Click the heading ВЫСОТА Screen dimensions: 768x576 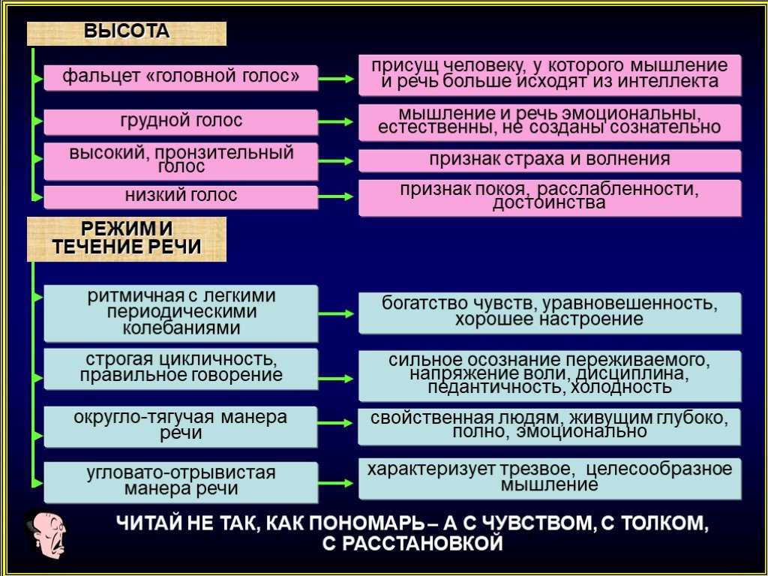coord(126,33)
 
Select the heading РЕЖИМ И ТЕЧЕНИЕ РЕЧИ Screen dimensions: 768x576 coord(126,239)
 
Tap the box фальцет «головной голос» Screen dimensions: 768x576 coord(181,77)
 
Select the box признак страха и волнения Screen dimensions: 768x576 coord(550,160)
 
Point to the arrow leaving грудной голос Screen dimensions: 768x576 coord(335,121)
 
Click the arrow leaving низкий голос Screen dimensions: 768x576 coord(335,196)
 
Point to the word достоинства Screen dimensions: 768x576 coord(549,202)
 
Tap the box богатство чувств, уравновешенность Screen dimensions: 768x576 coord(550,313)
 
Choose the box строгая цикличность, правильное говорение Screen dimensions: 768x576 coord(181,369)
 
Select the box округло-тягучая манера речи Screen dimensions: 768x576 coord(181,427)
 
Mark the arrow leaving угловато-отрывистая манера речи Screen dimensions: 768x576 coord(335,483)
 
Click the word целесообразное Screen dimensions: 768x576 coord(658,469)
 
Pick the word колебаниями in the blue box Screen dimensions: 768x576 coord(181,328)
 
